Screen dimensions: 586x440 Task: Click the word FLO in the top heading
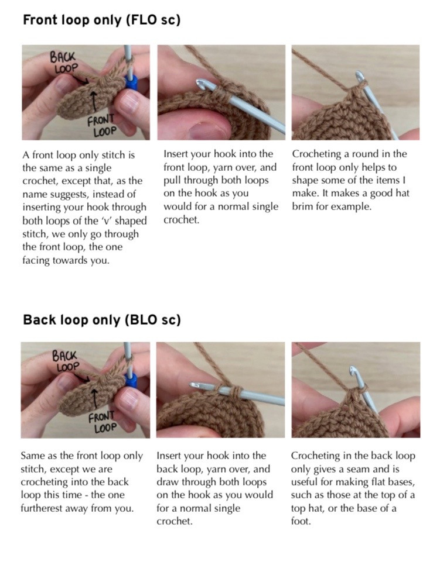coord(148,20)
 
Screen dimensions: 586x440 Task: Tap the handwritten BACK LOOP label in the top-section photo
coord(63,63)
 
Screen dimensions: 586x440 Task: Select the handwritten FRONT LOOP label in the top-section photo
coord(101,125)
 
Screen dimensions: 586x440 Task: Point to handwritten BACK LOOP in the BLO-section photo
coord(65,361)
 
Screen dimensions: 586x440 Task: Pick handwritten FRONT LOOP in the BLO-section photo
coord(103,422)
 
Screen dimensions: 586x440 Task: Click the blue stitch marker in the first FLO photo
coord(132,82)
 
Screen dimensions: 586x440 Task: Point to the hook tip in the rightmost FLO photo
coord(359,75)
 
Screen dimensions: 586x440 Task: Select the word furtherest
coord(44,508)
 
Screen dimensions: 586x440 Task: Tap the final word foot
coord(301,521)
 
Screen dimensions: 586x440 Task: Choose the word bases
coord(400,482)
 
